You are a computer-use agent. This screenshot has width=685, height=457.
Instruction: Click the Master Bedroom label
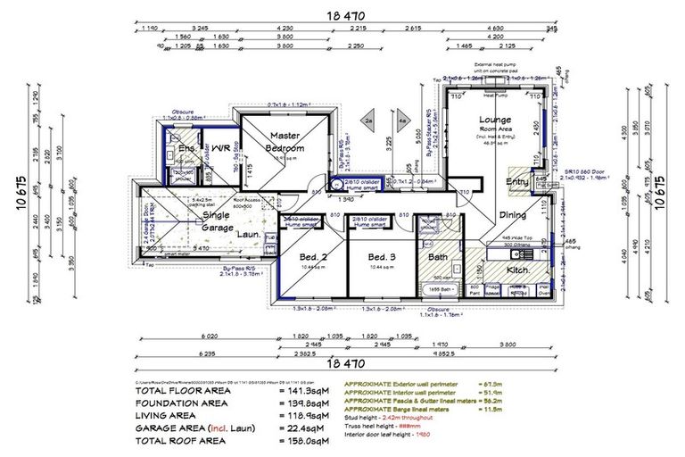pos(287,141)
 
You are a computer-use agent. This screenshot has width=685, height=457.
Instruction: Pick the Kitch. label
pos(519,270)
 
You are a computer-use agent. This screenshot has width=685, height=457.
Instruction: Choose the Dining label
pos(513,215)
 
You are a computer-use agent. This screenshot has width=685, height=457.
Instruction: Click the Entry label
pos(516,182)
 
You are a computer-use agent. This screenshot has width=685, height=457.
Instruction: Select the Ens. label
pos(187,147)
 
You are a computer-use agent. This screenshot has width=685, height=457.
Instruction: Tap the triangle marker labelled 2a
pos(367,119)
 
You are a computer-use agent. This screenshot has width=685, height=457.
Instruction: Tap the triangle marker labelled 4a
pos(403,119)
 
